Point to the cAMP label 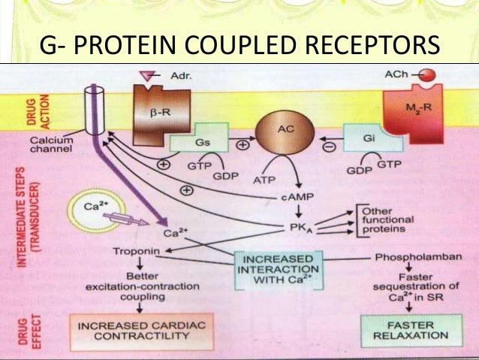(x=294, y=195)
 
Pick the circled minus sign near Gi (x=329, y=148)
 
